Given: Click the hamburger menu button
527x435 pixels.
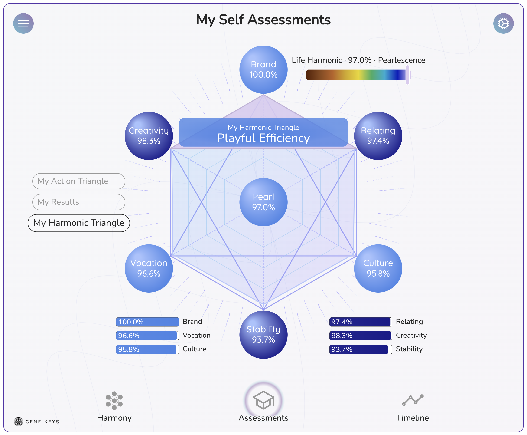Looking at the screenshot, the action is pyautogui.click(x=23, y=23).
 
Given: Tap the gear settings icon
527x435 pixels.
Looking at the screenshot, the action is pyautogui.click(x=503, y=23).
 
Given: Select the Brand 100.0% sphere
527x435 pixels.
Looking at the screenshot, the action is pyautogui.click(x=263, y=70).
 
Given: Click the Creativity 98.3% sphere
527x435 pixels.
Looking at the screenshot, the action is pyautogui.click(x=149, y=136).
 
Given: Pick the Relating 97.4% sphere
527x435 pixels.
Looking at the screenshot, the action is pyautogui.click(x=378, y=136).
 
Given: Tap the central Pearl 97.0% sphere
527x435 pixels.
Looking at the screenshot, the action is pyautogui.click(x=263, y=202).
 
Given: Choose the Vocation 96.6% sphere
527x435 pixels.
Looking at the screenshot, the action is pyautogui.click(x=149, y=268).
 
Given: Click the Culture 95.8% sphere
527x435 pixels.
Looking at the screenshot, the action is pyautogui.click(x=378, y=268).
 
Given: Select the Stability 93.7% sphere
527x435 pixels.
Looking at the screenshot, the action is pyautogui.click(x=263, y=335).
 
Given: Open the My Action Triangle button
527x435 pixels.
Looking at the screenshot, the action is pyautogui.click(x=79, y=181).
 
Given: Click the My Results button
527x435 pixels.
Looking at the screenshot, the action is pyautogui.click(x=79, y=202).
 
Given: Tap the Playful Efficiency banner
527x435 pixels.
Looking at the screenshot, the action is pyautogui.click(x=263, y=132).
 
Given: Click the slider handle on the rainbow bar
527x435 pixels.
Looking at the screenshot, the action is pyautogui.click(x=408, y=75).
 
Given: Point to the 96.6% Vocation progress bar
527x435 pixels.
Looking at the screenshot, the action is pyautogui.click(x=147, y=336).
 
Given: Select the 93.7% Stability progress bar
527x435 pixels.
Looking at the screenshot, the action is pyautogui.click(x=361, y=349).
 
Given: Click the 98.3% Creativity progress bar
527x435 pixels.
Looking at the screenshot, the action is pyautogui.click(x=361, y=336).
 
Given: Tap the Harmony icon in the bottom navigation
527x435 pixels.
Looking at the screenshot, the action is pyautogui.click(x=114, y=400).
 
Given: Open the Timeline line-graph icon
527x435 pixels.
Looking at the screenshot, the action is pyautogui.click(x=413, y=400).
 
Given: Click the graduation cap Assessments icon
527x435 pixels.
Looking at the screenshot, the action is pyautogui.click(x=263, y=400).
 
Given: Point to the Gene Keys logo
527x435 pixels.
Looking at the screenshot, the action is pyautogui.click(x=36, y=422).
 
